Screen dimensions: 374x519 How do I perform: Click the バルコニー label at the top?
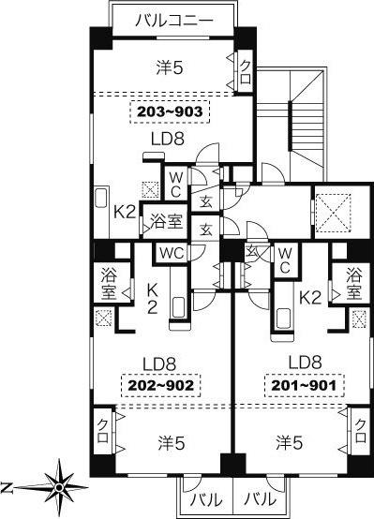(173, 22)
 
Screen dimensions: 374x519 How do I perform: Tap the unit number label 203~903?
(170, 111)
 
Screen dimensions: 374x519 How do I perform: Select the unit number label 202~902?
(161, 385)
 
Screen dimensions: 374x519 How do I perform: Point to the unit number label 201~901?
(304, 385)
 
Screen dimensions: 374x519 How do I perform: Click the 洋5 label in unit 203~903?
(170, 68)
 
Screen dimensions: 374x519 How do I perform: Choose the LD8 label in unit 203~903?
(168, 139)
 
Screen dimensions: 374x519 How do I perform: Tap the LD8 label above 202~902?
(159, 364)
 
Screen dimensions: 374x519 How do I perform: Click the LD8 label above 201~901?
(305, 363)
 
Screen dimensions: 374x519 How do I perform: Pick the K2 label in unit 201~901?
(310, 298)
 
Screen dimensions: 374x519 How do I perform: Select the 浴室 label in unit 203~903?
(166, 221)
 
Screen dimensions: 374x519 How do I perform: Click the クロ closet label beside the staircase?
(246, 71)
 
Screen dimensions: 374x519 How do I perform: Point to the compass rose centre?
(59, 487)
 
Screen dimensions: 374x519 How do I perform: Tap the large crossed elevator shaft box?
(334, 212)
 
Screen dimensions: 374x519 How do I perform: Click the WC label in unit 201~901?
(285, 260)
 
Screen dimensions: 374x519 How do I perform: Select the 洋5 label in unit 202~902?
(171, 443)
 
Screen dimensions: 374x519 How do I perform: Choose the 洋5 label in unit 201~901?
(290, 442)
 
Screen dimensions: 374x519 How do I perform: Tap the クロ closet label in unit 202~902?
(103, 431)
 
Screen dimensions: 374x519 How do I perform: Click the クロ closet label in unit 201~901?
(361, 431)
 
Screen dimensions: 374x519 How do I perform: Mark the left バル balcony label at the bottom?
(206, 499)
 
